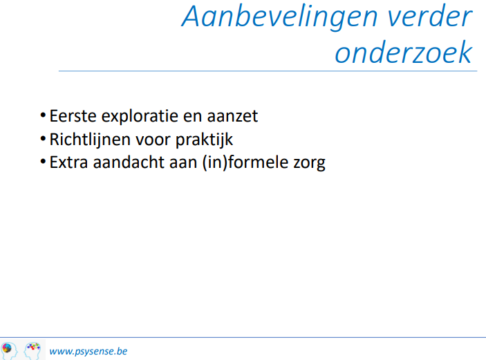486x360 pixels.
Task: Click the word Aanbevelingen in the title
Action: click(x=279, y=18)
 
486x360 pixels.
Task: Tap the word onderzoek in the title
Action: click(x=404, y=52)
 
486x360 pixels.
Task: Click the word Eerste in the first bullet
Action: click(x=73, y=116)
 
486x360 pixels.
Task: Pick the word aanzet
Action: click(x=232, y=117)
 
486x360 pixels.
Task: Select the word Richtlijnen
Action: click(x=90, y=140)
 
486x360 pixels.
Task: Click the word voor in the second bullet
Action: click(x=153, y=140)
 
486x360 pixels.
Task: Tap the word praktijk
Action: click(x=204, y=140)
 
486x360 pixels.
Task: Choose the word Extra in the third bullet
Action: click(x=69, y=162)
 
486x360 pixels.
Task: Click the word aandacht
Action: click(x=129, y=162)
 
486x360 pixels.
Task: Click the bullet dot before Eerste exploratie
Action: click(x=43, y=115)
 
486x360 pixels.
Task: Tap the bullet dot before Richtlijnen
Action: click(x=43, y=139)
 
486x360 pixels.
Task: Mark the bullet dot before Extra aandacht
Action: click(x=43, y=162)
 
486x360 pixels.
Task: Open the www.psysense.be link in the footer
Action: click(x=88, y=352)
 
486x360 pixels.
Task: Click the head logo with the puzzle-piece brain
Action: click(x=9, y=351)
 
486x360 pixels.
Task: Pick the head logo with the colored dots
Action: click(x=32, y=351)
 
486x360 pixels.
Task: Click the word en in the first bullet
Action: click(x=192, y=117)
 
